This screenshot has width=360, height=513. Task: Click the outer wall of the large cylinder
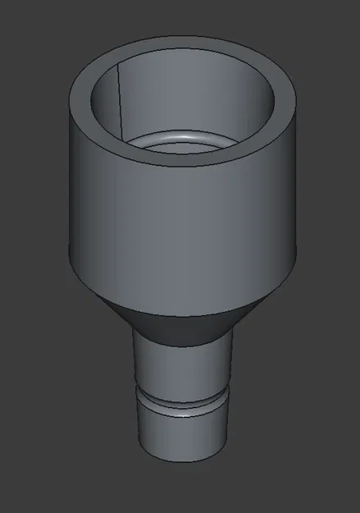(180, 222)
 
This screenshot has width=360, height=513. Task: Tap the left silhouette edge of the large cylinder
(69, 181)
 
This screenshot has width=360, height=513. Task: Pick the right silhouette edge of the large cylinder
(296, 181)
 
